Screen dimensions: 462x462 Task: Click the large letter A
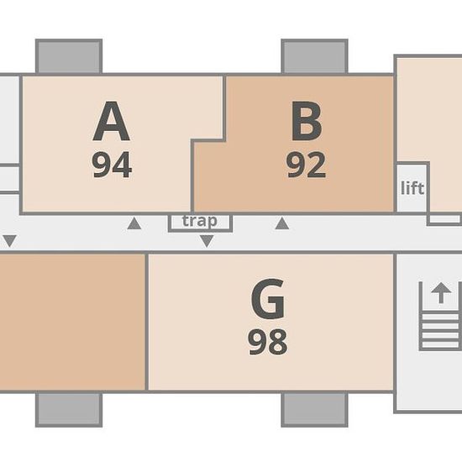[111, 121]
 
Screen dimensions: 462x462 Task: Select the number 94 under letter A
[112, 165]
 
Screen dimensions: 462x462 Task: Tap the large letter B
[307, 121]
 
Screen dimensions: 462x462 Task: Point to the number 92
[307, 165]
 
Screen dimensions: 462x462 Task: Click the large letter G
[268, 299]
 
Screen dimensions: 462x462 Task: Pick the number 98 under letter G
[268, 342]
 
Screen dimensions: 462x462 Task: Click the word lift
[412, 188]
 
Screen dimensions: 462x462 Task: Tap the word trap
[200, 221]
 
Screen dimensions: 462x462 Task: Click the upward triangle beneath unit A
[134, 223]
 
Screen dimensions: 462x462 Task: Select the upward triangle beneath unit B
[282, 223]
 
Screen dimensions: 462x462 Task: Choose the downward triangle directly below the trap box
[207, 241]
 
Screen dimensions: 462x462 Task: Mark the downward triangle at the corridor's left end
[10, 241]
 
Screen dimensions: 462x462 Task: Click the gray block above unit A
[69, 56]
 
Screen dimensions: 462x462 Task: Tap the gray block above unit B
[315, 56]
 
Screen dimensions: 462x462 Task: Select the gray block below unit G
[315, 410]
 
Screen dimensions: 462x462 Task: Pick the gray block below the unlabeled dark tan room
[69, 410]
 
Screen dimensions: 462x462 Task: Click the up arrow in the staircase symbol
[441, 293]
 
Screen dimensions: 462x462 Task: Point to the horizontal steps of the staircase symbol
[441, 331]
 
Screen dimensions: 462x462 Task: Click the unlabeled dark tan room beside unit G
[72, 322]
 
